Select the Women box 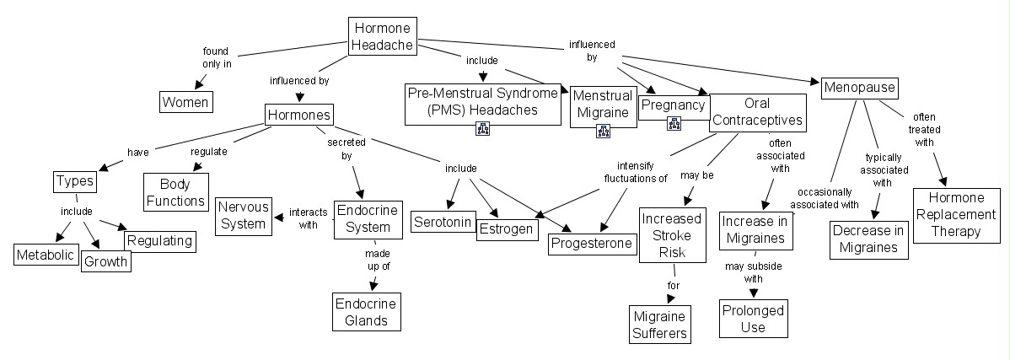coord(185,102)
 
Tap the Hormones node coord(298,116)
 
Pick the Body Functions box coord(175,193)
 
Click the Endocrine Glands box coord(362,311)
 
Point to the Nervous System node coord(244,215)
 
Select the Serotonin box coord(440,222)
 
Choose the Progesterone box coord(592,244)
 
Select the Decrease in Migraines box coord(869,239)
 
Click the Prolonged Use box coord(753,318)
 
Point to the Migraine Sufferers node coord(660,325)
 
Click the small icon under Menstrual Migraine coord(603,131)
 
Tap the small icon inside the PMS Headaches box coord(483,128)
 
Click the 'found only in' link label coord(217,56)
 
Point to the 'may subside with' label coord(744,272)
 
